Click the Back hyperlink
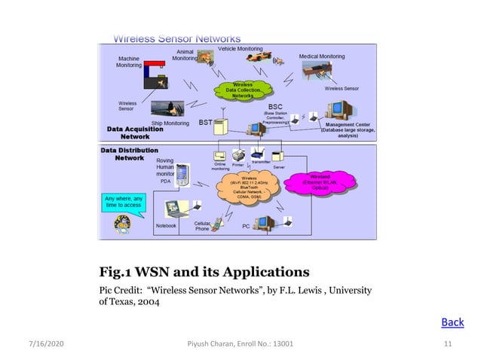(x=452, y=322)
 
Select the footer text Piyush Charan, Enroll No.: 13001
(x=240, y=344)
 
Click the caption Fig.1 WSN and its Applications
(x=204, y=270)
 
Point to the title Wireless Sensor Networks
(x=177, y=38)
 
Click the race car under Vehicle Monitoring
(x=262, y=60)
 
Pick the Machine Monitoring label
(x=128, y=61)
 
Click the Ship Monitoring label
(x=169, y=124)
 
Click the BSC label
(x=276, y=108)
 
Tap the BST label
(x=205, y=121)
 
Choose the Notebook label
(x=166, y=225)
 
